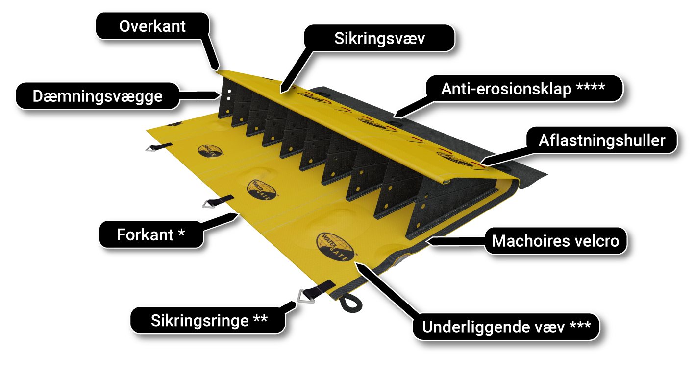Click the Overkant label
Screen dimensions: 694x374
(x=152, y=26)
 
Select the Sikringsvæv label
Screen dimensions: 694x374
(x=379, y=38)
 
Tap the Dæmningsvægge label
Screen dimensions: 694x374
(x=98, y=96)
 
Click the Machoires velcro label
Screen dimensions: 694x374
(x=555, y=241)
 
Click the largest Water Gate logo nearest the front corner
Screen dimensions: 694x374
(x=336, y=247)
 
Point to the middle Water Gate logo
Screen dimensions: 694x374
(x=262, y=189)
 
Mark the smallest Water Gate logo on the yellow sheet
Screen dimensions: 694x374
(x=210, y=151)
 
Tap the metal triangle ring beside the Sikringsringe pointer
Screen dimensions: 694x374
(x=306, y=296)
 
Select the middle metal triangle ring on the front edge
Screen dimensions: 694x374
(x=209, y=204)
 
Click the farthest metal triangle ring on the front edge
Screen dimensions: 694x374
(x=151, y=149)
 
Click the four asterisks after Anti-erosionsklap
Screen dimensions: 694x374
(x=590, y=87)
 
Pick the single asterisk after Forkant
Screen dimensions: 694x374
(x=181, y=233)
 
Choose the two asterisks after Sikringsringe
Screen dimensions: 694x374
(x=260, y=318)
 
